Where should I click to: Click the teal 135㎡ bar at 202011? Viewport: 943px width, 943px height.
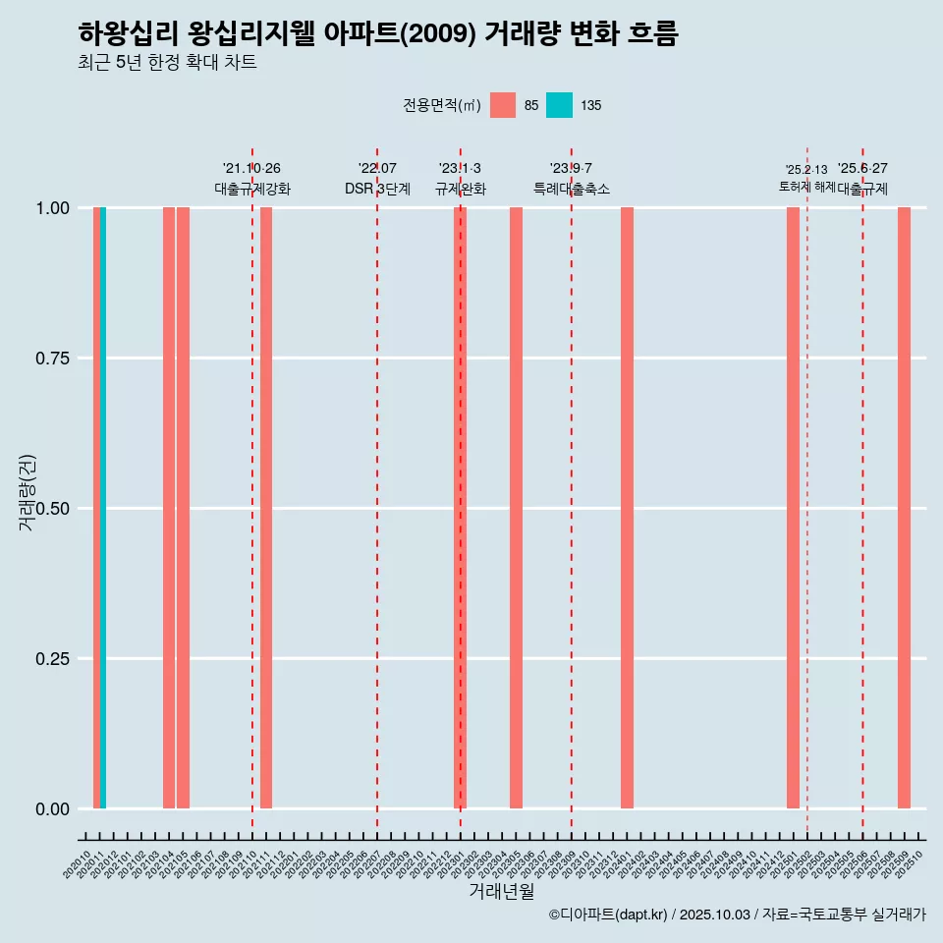click(103, 508)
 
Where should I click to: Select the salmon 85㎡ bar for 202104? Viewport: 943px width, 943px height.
click(169, 508)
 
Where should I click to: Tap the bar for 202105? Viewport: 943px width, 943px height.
click(183, 508)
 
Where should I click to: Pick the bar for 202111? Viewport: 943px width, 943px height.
click(266, 508)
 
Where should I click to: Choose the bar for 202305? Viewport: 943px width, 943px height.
click(516, 508)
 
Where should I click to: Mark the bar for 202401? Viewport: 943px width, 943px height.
click(627, 508)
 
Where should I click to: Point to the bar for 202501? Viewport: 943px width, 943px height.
click(793, 508)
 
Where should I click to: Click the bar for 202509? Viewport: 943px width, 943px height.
click(904, 508)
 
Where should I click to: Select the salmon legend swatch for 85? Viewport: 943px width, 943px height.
click(503, 105)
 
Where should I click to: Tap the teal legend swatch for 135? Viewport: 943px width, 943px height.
click(559, 105)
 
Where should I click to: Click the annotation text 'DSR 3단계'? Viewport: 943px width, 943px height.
click(377, 189)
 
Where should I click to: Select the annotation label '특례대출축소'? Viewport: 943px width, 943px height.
click(572, 189)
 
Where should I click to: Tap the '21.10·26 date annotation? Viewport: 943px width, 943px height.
click(251, 169)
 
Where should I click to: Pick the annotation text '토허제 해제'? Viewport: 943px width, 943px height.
click(806, 186)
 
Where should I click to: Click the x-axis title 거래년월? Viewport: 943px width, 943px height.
click(501, 892)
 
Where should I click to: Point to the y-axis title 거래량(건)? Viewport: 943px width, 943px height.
click(28, 493)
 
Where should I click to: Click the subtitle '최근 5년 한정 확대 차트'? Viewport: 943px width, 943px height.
click(167, 63)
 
